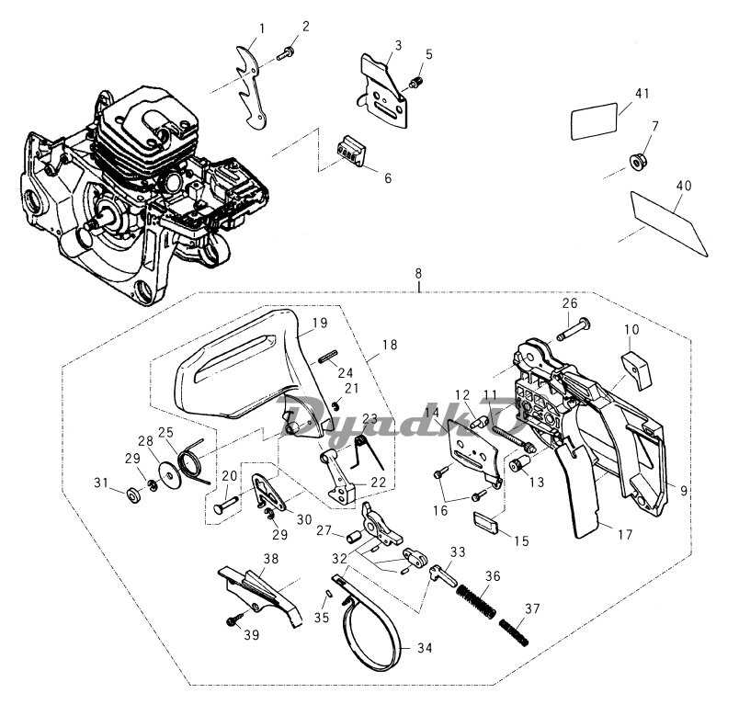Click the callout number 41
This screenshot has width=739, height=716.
tap(641, 93)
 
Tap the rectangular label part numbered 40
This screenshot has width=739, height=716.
tap(669, 218)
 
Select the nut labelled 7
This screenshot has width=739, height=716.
tap(635, 162)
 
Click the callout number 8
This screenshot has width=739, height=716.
tap(419, 273)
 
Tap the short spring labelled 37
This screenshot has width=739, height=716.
tap(515, 631)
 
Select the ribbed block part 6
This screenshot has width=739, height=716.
tap(350, 149)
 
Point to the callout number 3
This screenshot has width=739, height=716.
tap(398, 45)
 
